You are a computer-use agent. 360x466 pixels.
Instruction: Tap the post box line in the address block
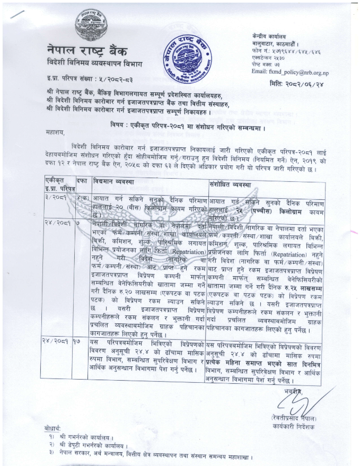(x=266, y=64)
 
